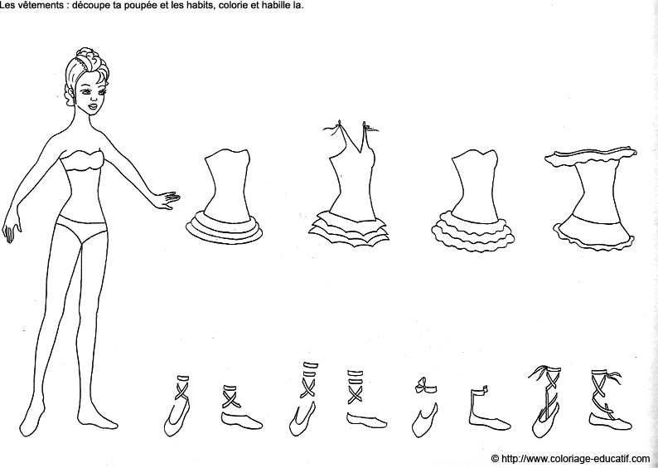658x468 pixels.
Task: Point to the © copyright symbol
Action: [x=495, y=458]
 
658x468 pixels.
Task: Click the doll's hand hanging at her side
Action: [x=12, y=231]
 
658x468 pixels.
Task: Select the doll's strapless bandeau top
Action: [x=81, y=160]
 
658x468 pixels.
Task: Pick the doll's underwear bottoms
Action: [x=81, y=228]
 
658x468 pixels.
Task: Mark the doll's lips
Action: [x=93, y=106]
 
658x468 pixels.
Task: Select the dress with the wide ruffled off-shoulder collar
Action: [x=592, y=198]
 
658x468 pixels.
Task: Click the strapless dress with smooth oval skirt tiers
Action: [x=225, y=197]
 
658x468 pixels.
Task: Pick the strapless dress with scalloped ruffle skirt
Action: [x=473, y=201]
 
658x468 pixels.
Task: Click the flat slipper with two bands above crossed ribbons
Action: [x=365, y=399]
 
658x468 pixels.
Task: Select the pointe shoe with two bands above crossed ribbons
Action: [x=304, y=398]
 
